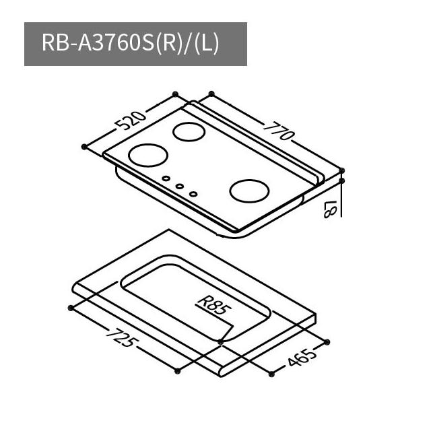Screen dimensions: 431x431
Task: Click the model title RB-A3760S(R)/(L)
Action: [x=130, y=43]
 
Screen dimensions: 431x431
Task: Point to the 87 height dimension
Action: [x=330, y=209]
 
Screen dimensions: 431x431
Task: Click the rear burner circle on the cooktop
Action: [x=189, y=132]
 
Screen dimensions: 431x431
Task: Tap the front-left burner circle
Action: [x=148, y=156]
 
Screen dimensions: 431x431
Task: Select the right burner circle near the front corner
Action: [x=249, y=191]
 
